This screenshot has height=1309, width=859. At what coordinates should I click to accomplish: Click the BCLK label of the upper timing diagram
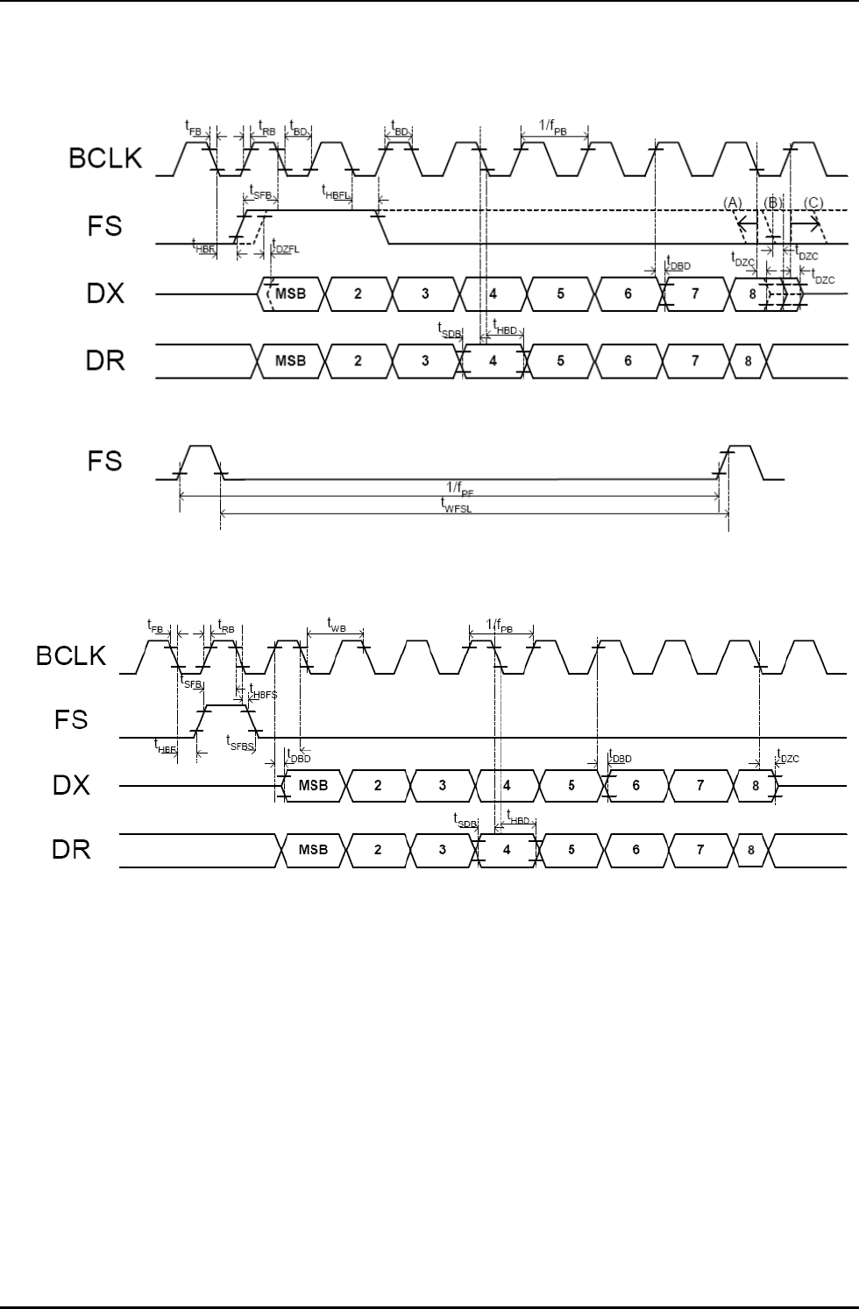click(x=105, y=159)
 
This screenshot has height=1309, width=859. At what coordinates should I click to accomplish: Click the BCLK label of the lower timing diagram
click(x=71, y=656)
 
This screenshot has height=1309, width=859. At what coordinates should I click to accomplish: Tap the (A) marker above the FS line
click(x=733, y=202)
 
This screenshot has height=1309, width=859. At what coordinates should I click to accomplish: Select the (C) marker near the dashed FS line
click(x=813, y=202)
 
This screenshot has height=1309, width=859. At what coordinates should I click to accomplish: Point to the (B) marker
click(x=772, y=202)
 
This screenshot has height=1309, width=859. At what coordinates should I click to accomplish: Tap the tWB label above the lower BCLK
click(x=336, y=625)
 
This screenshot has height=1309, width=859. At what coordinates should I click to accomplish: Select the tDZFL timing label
click(x=285, y=246)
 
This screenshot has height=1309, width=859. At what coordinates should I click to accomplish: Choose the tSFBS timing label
click(x=240, y=741)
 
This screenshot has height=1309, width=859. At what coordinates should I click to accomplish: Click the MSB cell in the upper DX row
click(x=291, y=294)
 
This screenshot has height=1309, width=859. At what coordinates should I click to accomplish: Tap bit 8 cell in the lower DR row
click(x=751, y=850)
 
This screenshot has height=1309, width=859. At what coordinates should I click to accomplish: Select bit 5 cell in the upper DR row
click(x=561, y=360)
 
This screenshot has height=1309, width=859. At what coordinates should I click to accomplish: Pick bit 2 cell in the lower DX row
click(x=378, y=786)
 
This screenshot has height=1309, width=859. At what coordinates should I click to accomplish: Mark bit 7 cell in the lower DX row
click(x=699, y=786)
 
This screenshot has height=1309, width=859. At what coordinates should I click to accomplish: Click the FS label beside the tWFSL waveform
click(x=105, y=461)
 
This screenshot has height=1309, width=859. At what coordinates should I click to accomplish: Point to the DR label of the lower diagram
click(x=72, y=850)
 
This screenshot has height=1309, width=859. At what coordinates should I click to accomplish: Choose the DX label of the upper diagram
click(x=105, y=294)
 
